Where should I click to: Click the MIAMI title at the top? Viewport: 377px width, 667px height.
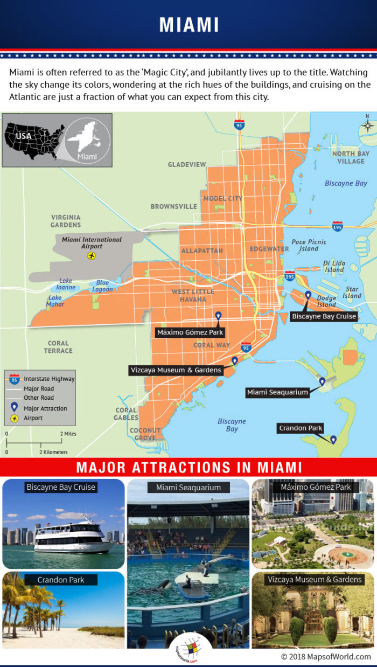click(x=188, y=25)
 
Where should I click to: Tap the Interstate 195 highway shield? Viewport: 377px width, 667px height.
click(x=338, y=226)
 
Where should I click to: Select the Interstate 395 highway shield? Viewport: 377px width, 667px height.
click(x=290, y=276)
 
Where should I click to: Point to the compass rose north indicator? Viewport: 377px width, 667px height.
click(x=367, y=125)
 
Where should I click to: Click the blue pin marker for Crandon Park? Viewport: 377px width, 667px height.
click(x=333, y=440)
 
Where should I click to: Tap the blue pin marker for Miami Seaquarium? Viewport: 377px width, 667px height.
click(x=322, y=382)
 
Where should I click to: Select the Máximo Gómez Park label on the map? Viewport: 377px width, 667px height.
click(x=190, y=332)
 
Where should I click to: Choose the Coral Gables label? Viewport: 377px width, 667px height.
click(x=126, y=414)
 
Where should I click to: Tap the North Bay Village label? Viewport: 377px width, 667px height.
click(x=351, y=157)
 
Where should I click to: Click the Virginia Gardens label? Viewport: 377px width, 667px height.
click(x=66, y=221)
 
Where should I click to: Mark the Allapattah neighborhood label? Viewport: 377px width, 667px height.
click(x=201, y=251)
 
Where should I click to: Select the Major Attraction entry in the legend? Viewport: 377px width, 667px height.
click(x=45, y=408)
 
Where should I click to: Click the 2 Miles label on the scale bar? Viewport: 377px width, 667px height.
click(x=68, y=434)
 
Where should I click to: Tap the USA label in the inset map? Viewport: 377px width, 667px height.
click(x=24, y=136)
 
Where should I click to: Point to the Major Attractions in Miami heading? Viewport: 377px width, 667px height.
click(x=188, y=467)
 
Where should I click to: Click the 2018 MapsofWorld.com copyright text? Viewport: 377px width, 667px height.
click(x=326, y=657)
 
